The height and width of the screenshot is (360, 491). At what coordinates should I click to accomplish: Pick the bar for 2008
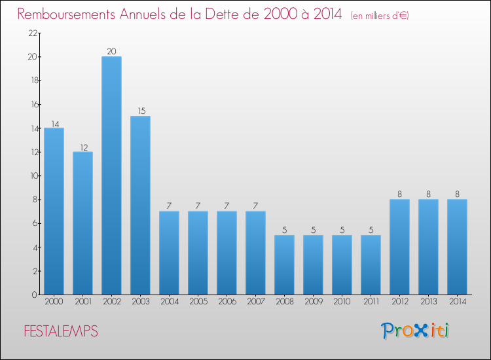click(x=284, y=264)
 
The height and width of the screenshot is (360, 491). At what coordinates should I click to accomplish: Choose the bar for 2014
click(x=457, y=247)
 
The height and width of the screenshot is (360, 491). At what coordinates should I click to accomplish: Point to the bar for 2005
click(x=198, y=253)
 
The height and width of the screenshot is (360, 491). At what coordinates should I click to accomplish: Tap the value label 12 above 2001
click(x=82, y=147)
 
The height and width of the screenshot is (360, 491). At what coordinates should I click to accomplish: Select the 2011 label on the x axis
click(x=371, y=302)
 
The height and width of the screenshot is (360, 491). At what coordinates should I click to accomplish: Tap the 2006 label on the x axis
click(x=227, y=302)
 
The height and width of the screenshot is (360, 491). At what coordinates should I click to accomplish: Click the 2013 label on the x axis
click(x=428, y=302)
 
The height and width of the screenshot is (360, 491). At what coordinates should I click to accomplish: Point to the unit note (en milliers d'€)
click(x=380, y=15)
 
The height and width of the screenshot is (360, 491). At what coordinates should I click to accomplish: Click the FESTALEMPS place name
click(x=61, y=332)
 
